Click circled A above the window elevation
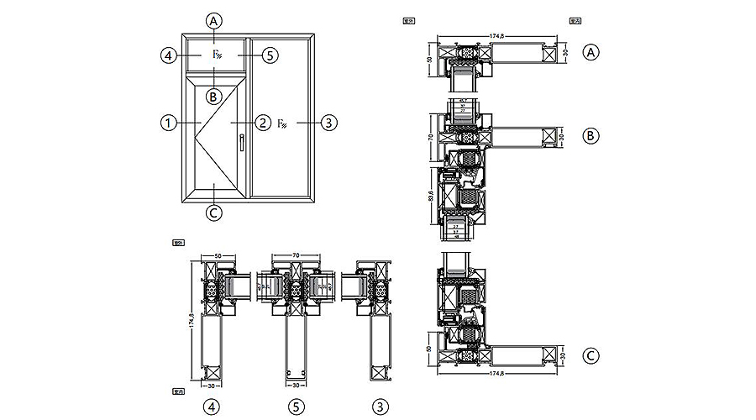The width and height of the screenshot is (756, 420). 216,20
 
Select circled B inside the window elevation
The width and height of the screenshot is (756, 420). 214,97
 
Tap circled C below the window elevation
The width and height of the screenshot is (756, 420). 214,213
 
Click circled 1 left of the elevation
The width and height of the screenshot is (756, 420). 168,123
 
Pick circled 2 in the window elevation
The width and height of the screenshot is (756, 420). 262,123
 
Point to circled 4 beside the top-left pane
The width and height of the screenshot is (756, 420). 168,55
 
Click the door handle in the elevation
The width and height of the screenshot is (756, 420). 240,143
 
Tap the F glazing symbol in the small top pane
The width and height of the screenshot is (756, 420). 216,55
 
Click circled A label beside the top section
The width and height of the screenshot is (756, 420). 591,52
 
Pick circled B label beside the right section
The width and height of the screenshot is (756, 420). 591,134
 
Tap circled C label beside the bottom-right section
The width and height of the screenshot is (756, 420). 591,355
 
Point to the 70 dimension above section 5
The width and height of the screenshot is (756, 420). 295,253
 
